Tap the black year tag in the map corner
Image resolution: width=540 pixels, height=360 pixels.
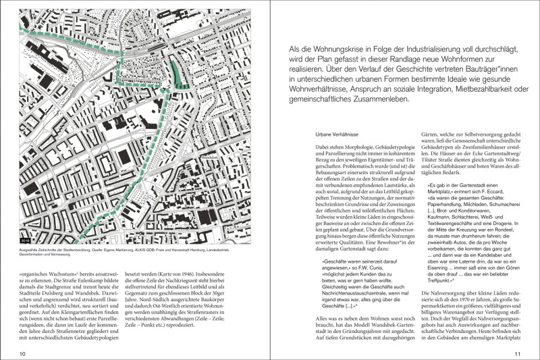(26, 238)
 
